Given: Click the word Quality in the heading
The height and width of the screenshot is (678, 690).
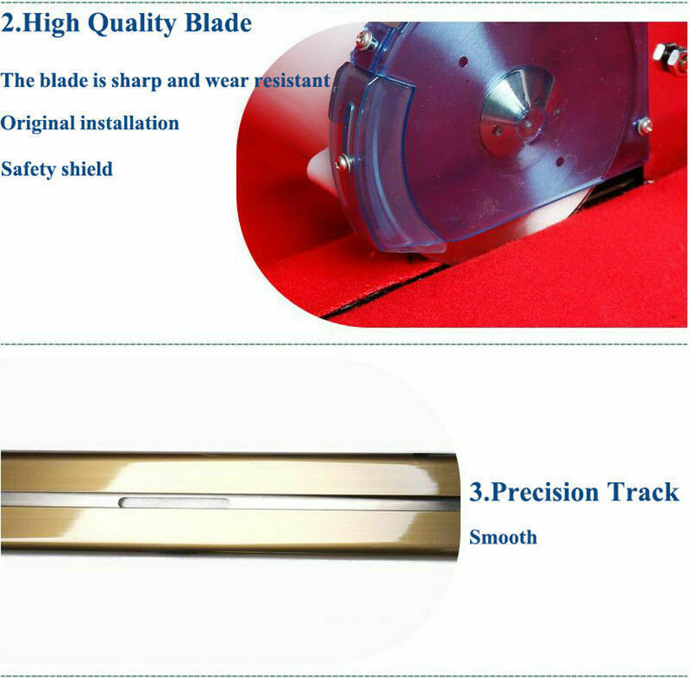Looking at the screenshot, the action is tap(133, 23).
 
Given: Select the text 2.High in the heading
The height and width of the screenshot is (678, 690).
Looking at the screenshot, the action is tap(40, 23).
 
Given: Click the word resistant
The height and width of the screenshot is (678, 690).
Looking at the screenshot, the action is tap(292, 80).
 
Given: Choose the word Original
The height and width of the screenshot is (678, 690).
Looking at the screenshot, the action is tap(37, 123).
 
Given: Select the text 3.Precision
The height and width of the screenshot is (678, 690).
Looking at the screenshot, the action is tap(534, 493).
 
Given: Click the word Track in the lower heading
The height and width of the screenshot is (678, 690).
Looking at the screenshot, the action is tap(643, 492).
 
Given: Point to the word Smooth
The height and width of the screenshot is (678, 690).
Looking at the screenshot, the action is tap(503, 537).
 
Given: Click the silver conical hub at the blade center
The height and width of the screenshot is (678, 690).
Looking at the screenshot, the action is tap(516, 113).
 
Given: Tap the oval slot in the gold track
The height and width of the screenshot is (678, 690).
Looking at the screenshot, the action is tap(174, 502).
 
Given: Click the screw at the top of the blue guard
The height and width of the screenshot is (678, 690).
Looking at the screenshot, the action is tap(366, 40).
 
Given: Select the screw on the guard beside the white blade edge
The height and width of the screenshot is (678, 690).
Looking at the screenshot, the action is tap(343, 162).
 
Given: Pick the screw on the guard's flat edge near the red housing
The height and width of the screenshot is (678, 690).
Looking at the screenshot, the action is tap(644, 126).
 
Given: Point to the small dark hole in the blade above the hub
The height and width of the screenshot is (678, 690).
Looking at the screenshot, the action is tap(463, 61).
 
